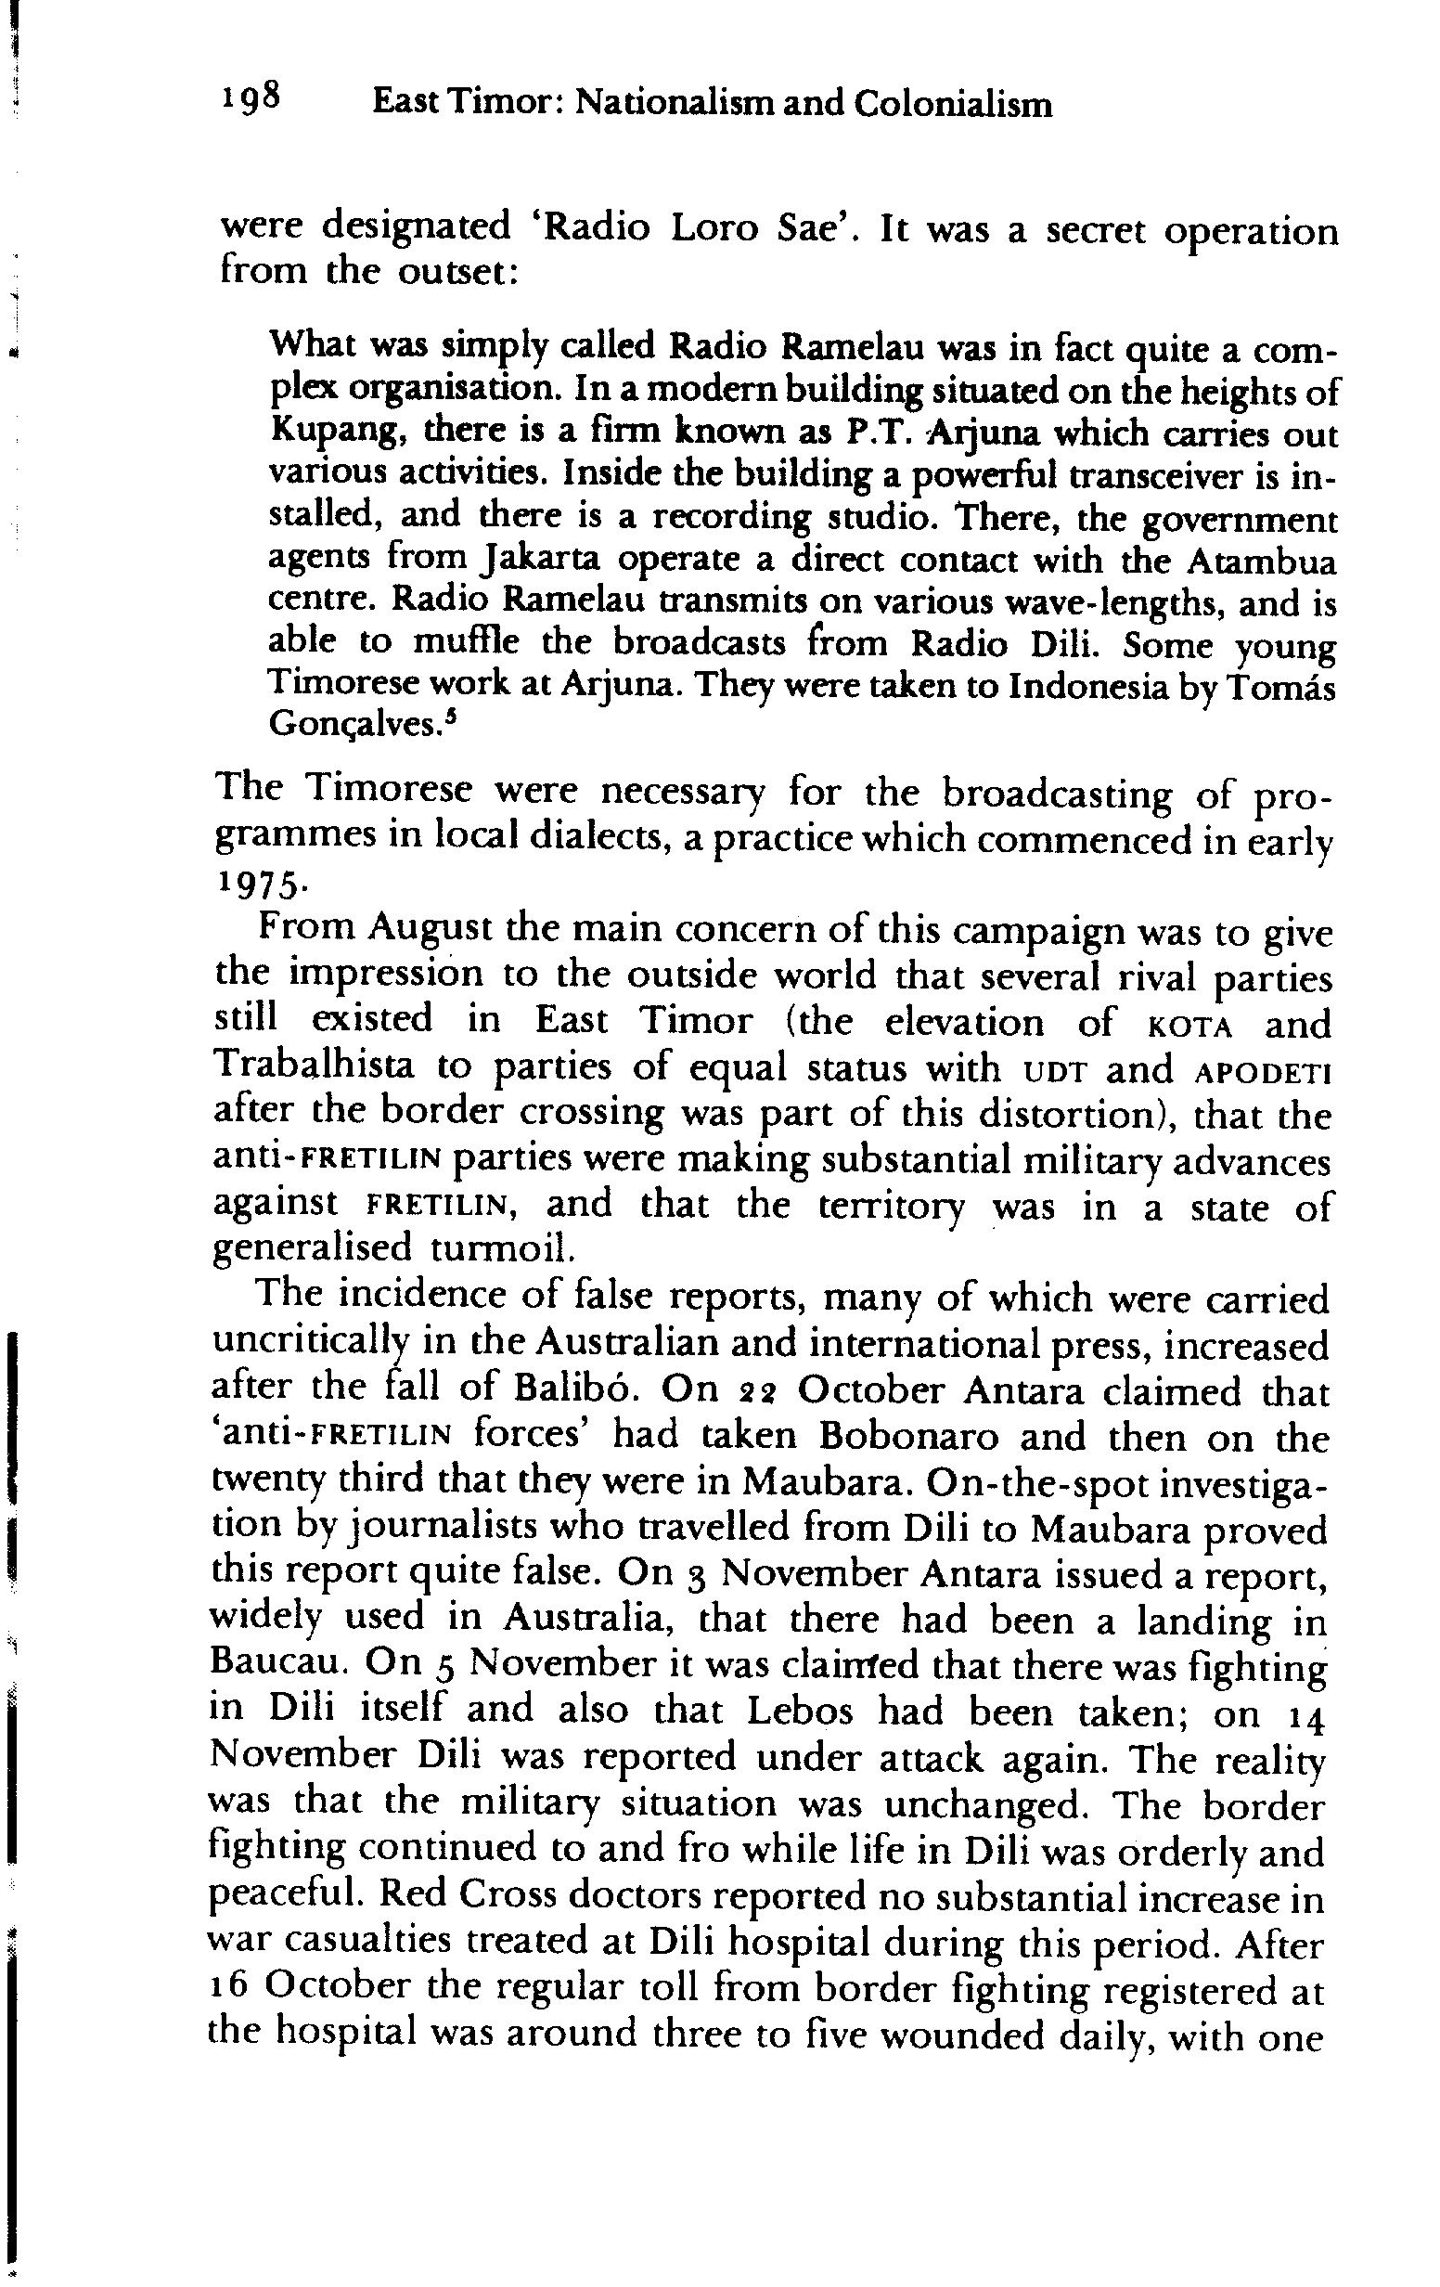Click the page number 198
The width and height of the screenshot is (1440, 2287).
click(x=251, y=98)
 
